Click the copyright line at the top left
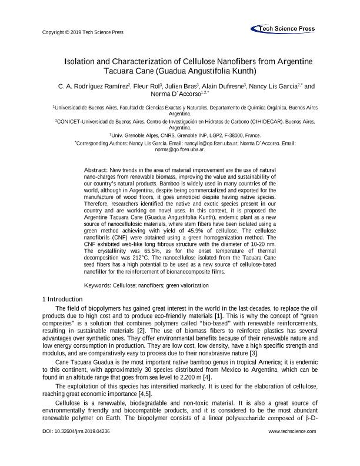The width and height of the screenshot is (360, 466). click(84, 32)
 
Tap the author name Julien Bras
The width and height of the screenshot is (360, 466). click(179, 86)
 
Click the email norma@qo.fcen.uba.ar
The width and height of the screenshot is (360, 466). click(179, 150)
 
